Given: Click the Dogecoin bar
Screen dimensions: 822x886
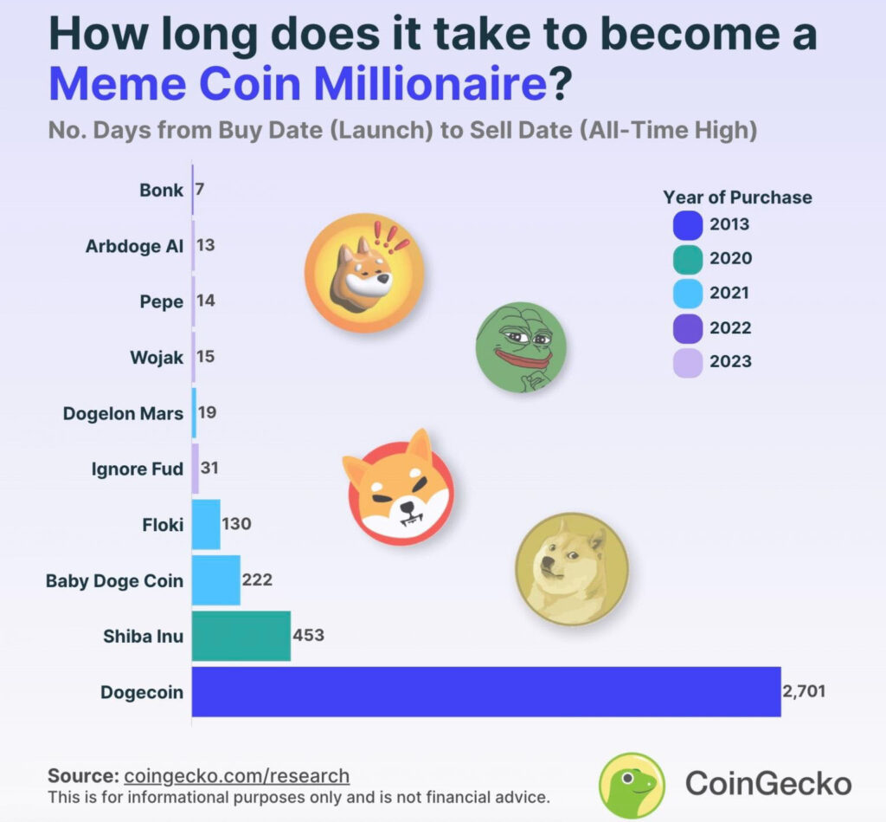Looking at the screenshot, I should [485, 692].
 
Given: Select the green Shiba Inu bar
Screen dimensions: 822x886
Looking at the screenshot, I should [241, 636].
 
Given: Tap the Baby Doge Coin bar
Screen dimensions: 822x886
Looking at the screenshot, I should [215, 580].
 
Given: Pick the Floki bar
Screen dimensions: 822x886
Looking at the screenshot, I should [206, 524].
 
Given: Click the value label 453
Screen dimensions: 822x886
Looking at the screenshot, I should [309, 635].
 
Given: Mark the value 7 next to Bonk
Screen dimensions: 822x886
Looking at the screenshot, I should [200, 188].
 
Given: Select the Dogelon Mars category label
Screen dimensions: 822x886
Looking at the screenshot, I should [123, 413].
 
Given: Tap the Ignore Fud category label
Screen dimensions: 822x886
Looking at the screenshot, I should [137, 469].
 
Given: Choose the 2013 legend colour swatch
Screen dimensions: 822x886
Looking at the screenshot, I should [687, 225].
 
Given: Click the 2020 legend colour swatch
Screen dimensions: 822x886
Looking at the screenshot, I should [687, 259].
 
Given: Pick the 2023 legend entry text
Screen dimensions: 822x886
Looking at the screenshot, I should [730, 362].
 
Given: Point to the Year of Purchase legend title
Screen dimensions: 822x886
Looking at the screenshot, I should [737, 197].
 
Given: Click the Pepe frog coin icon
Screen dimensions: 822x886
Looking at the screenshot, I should [520, 347].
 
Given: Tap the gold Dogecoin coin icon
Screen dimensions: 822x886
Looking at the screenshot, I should [572, 568].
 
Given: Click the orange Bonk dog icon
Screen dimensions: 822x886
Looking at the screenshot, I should [364, 274].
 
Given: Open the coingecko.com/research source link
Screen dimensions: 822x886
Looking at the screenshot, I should [236, 775].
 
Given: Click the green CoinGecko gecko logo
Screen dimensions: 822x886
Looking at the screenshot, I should [632, 785].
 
